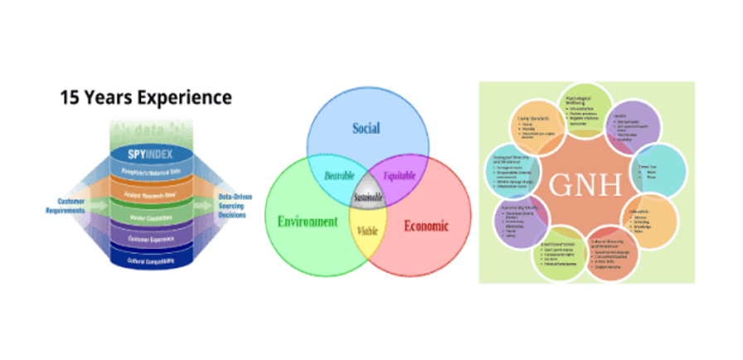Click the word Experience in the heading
(x=183, y=98)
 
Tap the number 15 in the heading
(x=70, y=98)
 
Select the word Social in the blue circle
(x=366, y=129)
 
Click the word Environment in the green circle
(x=308, y=221)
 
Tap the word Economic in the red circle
(x=425, y=225)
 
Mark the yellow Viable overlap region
(x=367, y=230)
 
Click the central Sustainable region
(x=367, y=197)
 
